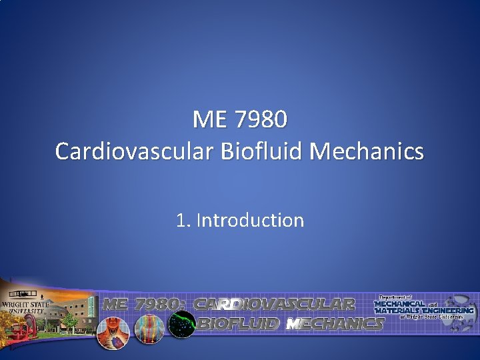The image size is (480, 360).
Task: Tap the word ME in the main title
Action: pos(207,121)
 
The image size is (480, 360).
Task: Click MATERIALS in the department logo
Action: pos(395,310)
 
